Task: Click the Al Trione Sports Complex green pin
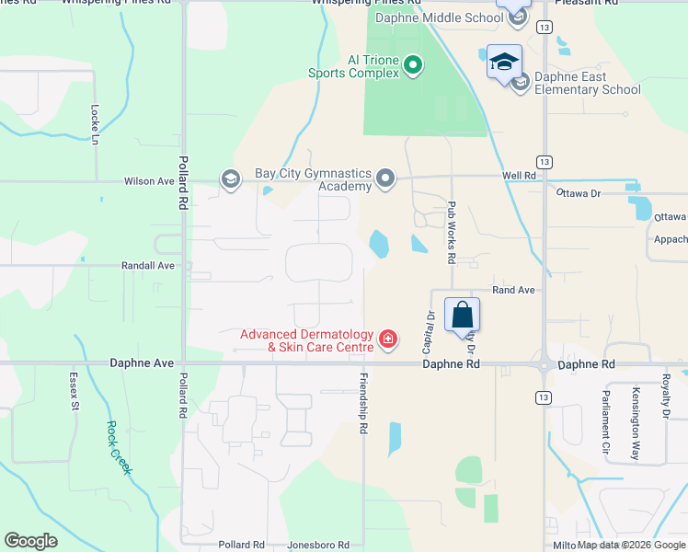point(412,64)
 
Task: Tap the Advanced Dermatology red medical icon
point(388,340)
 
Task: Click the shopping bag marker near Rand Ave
point(462,316)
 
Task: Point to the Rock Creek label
point(119,448)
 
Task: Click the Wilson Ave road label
point(148,181)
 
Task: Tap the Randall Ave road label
point(148,265)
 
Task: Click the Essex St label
point(74,390)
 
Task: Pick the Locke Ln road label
point(95,124)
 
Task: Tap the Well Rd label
point(519,175)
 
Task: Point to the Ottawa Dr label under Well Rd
point(578,193)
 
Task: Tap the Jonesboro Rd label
point(318,545)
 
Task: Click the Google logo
point(30,541)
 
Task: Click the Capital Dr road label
point(429,332)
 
